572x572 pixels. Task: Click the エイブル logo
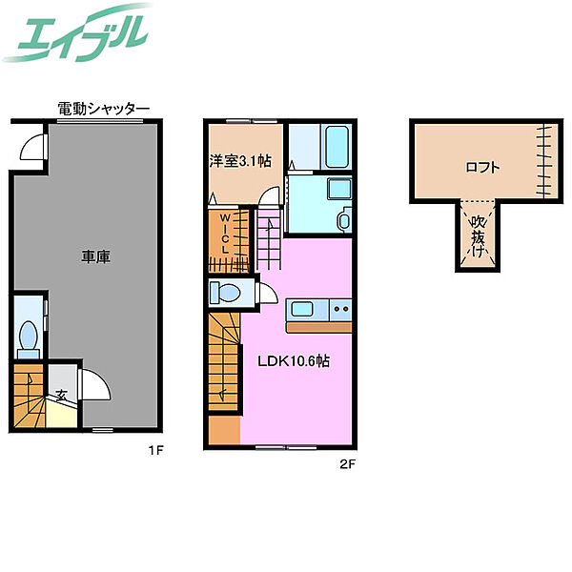(76, 32)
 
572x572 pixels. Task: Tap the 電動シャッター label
(104, 109)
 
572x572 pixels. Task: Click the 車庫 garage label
(95, 256)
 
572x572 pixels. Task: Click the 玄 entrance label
(62, 395)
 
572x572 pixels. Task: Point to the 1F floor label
(155, 451)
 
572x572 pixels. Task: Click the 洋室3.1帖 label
(240, 161)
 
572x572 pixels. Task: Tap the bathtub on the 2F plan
(337, 147)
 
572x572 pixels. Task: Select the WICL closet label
(225, 235)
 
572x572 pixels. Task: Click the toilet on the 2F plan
(225, 293)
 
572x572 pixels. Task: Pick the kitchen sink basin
(301, 310)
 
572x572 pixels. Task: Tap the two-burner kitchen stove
(340, 309)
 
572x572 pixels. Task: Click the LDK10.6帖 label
(294, 361)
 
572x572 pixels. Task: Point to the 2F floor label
(347, 464)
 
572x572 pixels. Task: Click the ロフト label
(482, 168)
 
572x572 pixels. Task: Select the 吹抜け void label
(478, 236)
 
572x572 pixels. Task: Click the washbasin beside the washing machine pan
(345, 220)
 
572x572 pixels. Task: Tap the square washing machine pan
(339, 188)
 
